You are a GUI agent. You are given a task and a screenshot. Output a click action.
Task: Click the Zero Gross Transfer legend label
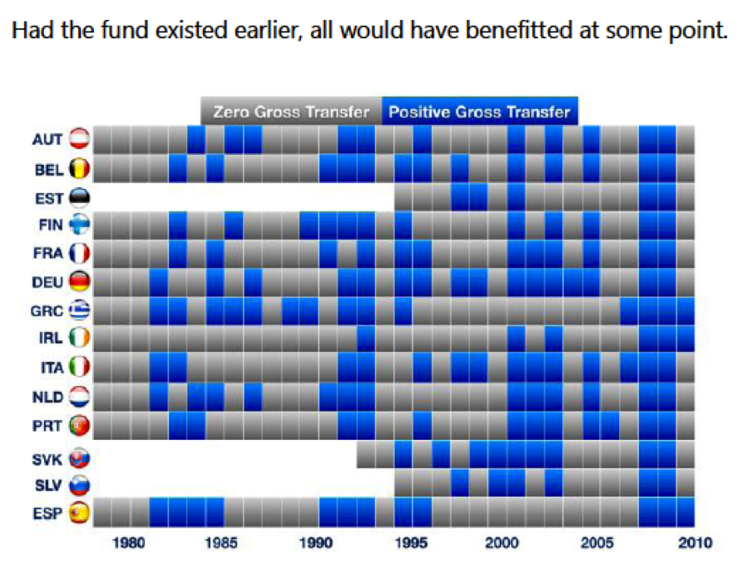291,111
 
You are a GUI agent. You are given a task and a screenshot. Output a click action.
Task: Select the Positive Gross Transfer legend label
480,111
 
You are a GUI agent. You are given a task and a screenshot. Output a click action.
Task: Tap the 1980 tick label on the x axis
131,542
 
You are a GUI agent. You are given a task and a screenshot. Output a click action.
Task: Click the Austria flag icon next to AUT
81,139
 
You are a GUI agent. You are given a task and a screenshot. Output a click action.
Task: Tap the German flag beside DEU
81,281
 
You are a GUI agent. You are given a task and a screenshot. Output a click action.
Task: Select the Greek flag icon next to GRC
81,309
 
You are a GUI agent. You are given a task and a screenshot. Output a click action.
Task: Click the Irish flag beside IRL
81,338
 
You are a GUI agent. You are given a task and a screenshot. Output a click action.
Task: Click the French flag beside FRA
81,253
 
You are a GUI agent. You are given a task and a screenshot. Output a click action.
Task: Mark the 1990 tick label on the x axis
317,542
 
